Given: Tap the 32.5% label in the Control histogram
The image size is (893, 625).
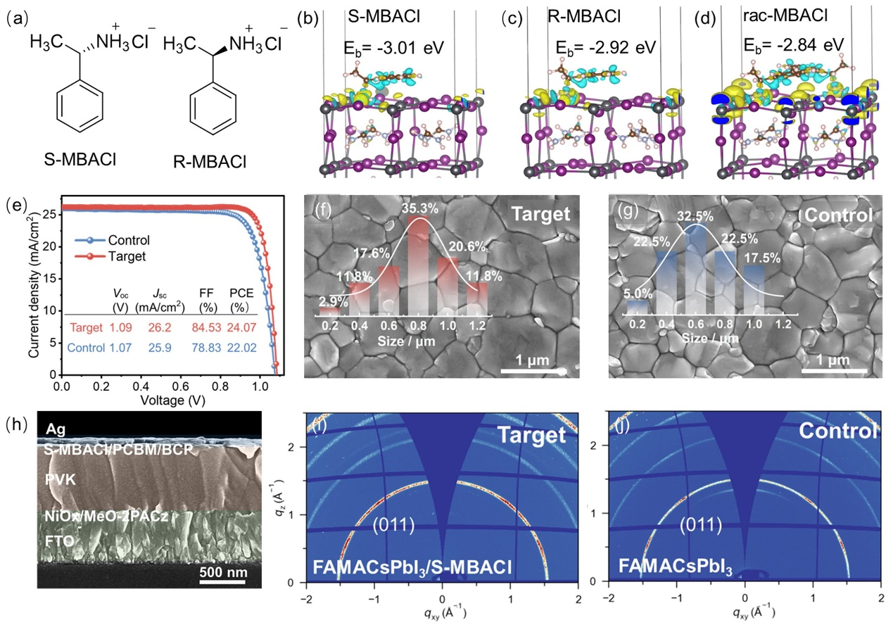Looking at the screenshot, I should [691, 217].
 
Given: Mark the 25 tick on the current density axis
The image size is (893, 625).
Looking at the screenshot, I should [49, 214].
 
